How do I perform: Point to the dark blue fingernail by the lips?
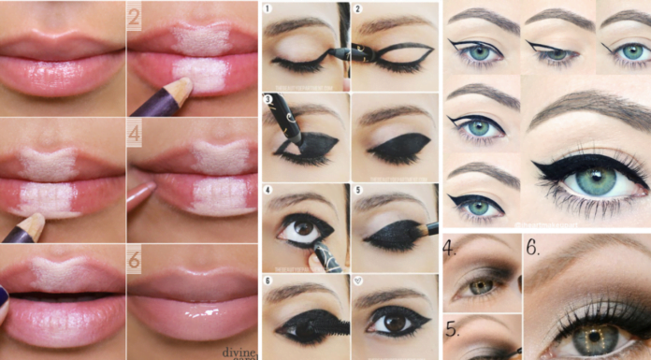pos(4,297)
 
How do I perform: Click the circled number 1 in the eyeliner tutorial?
pos(268,9)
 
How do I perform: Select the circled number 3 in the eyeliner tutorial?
pos(268,98)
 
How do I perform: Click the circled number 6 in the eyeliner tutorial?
pos(268,281)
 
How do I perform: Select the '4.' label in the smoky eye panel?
pos(451,250)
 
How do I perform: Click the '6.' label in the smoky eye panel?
pos(532,249)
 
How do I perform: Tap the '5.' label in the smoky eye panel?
pos(451,329)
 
